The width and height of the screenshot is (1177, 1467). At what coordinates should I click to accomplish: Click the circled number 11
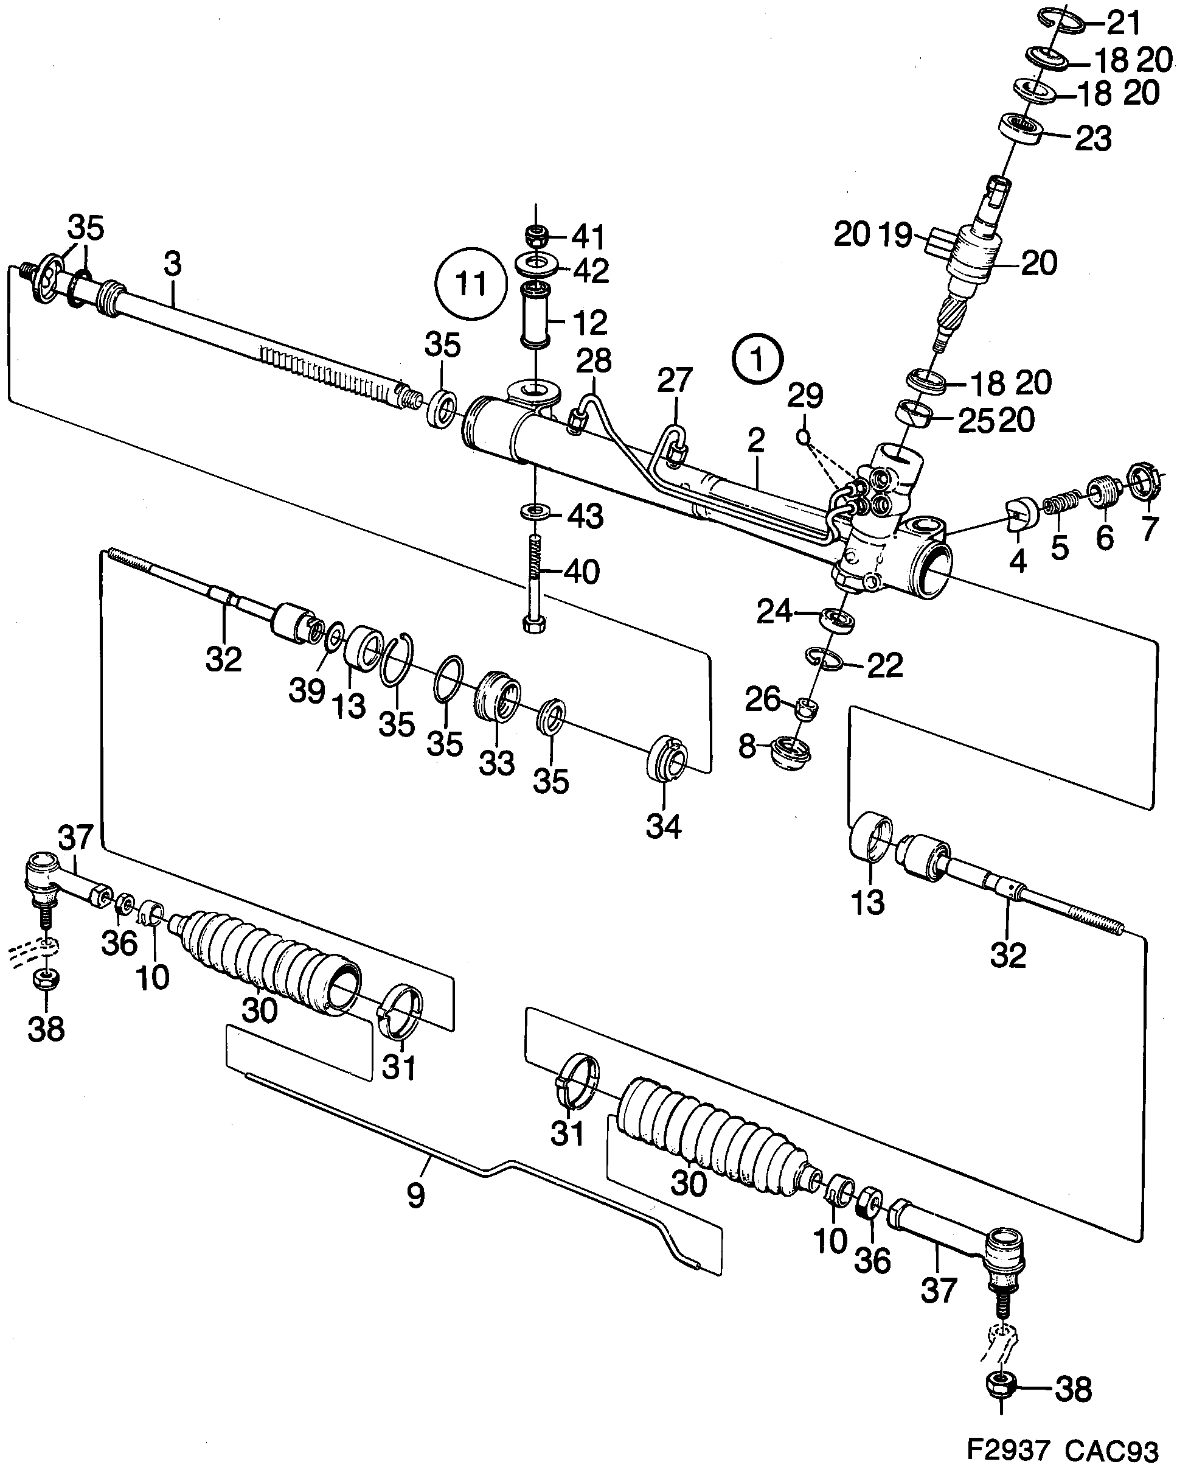point(471,283)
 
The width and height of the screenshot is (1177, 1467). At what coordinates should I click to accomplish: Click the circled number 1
point(757,359)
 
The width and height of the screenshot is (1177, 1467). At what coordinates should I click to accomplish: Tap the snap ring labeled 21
point(1063,21)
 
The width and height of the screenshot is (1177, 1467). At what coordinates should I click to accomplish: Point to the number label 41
point(588,237)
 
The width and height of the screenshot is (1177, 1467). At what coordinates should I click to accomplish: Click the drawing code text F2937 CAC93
point(1061,1449)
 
